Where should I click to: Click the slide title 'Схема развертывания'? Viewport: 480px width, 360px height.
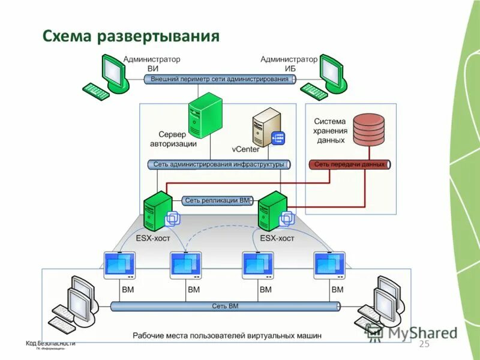[x=131, y=37]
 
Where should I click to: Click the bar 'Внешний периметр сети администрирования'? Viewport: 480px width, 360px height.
[x=220, y=79]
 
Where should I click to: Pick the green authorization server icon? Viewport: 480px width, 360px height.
[x=205, y=116]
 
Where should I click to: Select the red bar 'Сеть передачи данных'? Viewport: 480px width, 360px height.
[x=350, y=164]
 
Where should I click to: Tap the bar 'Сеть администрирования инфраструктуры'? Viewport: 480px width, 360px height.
[x=218, y=164]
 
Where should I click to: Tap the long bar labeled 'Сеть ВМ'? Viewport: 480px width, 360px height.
[x=225, y=306]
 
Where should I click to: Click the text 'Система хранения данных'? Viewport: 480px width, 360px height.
[x=330, y=130]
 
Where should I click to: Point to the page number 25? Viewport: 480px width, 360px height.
[x=424, y=344]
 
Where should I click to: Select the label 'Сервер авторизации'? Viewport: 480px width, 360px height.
[x=172, y=139]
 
